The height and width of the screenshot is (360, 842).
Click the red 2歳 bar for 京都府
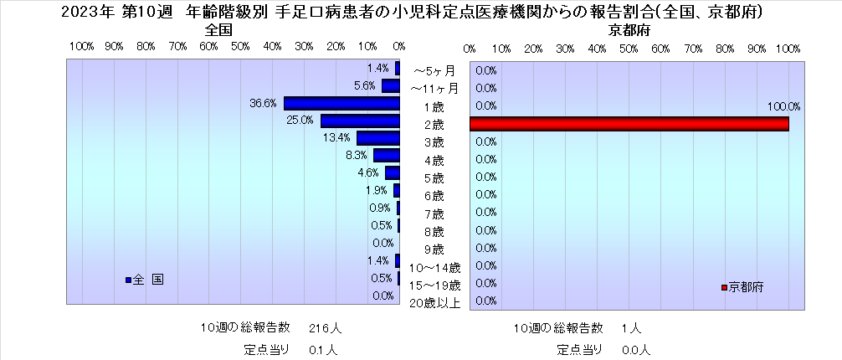pyautogui.click(x=629, y=124)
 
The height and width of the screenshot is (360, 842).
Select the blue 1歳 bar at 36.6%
pyautogui.click(x=342, y=103)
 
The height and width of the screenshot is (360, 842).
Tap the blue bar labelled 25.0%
pyautogui.click(x=361, y=121)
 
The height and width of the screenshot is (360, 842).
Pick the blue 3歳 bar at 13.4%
pyautogui.click(x=379, y=138)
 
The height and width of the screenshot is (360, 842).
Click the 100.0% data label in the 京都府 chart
pyautogui.click(x=783, y=106)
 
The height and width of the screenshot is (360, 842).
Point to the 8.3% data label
pyautogui.click(x=356, y=155)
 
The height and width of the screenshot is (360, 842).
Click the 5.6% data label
pyautogui.click(x=364, y=85)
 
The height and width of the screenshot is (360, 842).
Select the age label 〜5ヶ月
pyautogui.click(x=435, y=70)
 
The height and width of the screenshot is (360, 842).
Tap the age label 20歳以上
pyautogui.click(x=434, y=303)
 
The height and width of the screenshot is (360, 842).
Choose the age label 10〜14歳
pyautogui.click(x=434, y=268)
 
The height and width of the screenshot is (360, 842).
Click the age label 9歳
pyautogui.click(x=434, y=249)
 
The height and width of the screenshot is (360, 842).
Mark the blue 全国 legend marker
pyautogui.click(x=128, y=280)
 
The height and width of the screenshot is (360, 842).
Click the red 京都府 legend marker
pyautogui.click(x=724, y=287)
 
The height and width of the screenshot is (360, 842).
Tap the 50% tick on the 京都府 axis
pyautogui.click(x=629, y=47)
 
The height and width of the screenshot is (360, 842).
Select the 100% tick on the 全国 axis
pyautogui.click(x=81, y=47)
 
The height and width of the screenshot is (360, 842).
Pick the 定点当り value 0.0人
pyautogui.click(x=636, y=349)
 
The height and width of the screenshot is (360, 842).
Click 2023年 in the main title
pyautogui.click(x=81, y=12)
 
